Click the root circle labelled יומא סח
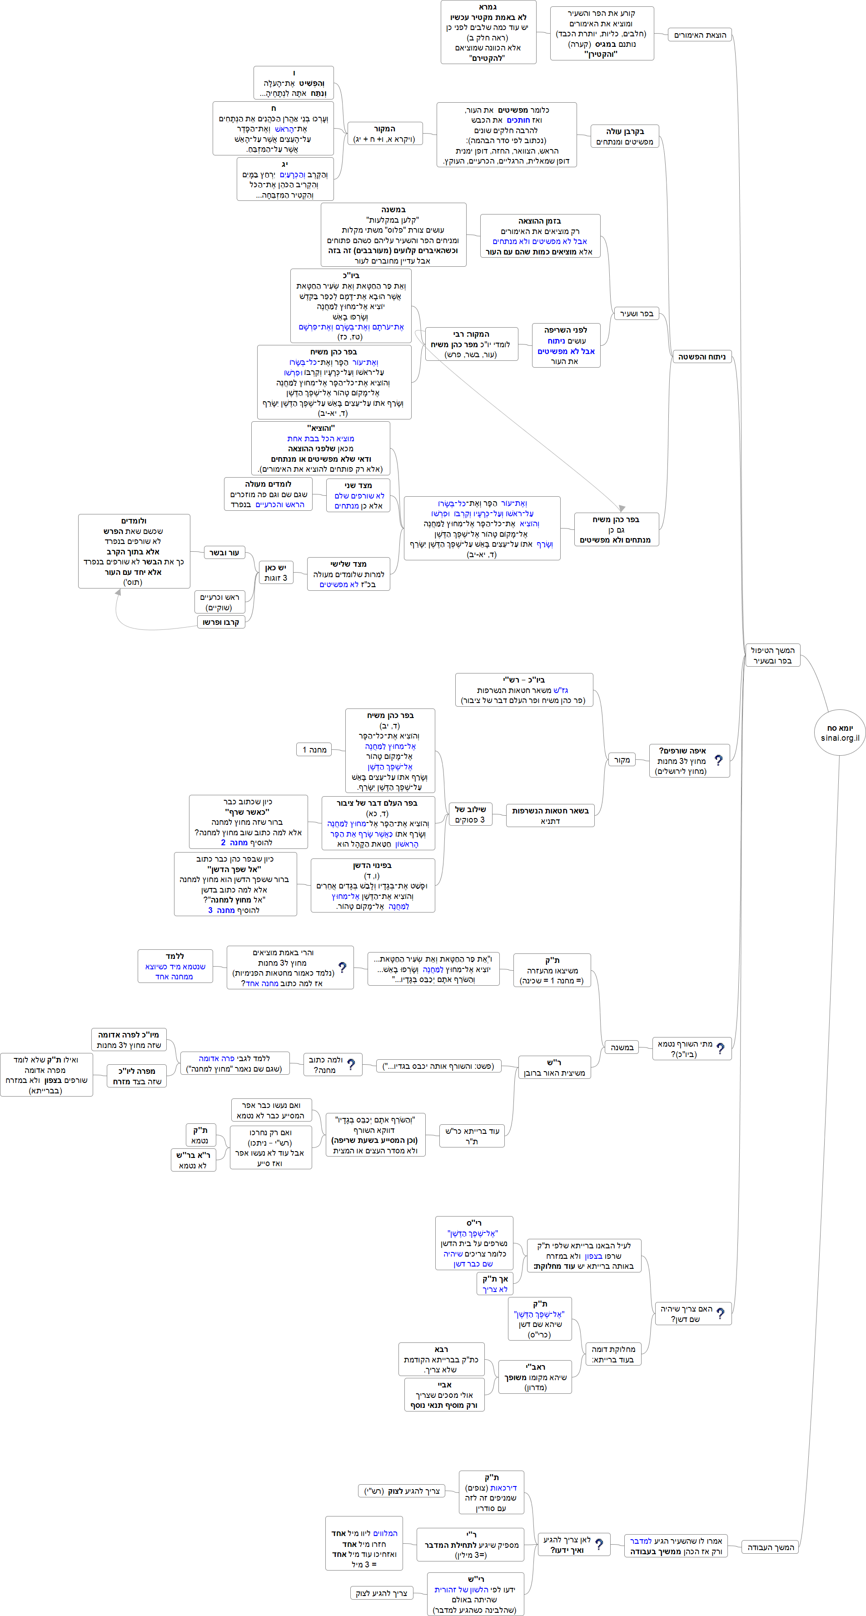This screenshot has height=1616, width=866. (x=840, y=732)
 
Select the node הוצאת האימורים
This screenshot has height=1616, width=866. (x=700, y=35)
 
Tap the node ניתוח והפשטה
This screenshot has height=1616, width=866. (x=701, y=357)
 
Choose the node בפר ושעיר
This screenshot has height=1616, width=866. (x=636, y=314)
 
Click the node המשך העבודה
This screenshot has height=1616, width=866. (x=770, y=1547)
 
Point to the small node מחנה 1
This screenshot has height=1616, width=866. (x=314, y=750)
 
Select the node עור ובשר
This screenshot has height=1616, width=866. (x=224, y=553)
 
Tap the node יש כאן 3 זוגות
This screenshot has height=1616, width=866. (x=276, y=572)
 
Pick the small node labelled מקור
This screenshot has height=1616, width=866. (x=622, y=760)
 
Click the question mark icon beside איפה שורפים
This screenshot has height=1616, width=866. (x=719, y=760)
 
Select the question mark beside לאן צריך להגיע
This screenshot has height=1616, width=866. (x=599, y=1544)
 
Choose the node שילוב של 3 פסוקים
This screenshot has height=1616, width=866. (x=470, y=814)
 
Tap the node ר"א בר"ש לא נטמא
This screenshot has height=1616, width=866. (x=193, y=1160)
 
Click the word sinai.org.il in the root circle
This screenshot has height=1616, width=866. (x=840, y=738)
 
